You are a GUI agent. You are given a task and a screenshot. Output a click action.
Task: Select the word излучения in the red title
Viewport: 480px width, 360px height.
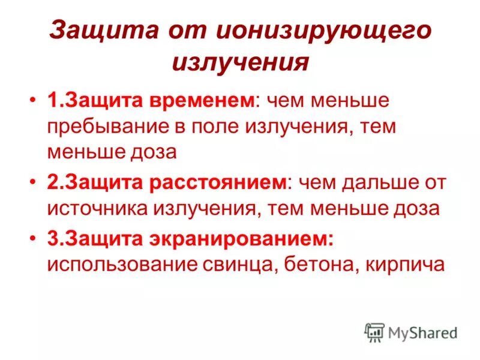point(240,62)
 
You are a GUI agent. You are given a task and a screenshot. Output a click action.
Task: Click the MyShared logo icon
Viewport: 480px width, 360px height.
point(374,332)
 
